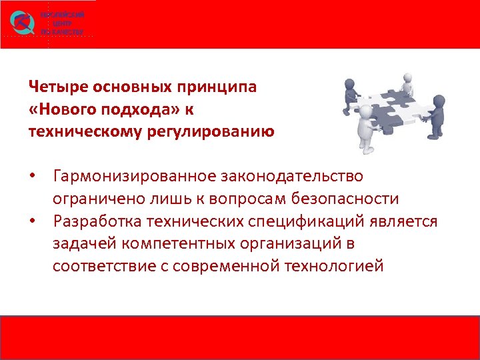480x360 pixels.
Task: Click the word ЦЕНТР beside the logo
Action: [62, 23]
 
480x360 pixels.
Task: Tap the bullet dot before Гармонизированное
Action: [41, 177]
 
